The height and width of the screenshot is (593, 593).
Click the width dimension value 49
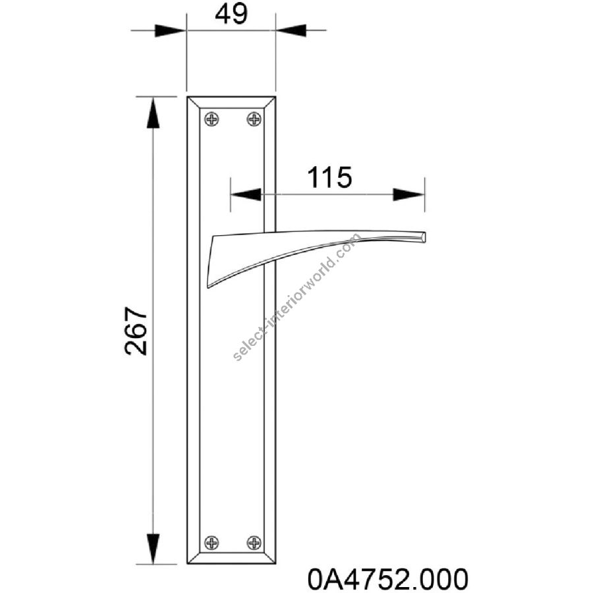[x=231, y=14]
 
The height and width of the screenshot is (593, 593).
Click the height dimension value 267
[x=135, y=331]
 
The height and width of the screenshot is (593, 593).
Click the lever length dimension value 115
[x=329, y=177]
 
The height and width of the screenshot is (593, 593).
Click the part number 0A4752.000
[x=387, y=579]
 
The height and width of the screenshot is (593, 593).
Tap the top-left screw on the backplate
[x=212, y=119]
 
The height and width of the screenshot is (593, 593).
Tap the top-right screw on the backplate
[x=254, y=119]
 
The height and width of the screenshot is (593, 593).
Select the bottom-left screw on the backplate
[x=212, y=543]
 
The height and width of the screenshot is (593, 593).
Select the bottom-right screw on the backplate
[x=254, y=543]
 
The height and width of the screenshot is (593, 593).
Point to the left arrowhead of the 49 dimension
[x=170, y=30]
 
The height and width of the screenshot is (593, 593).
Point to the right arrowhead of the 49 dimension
[x=291, y=30]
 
